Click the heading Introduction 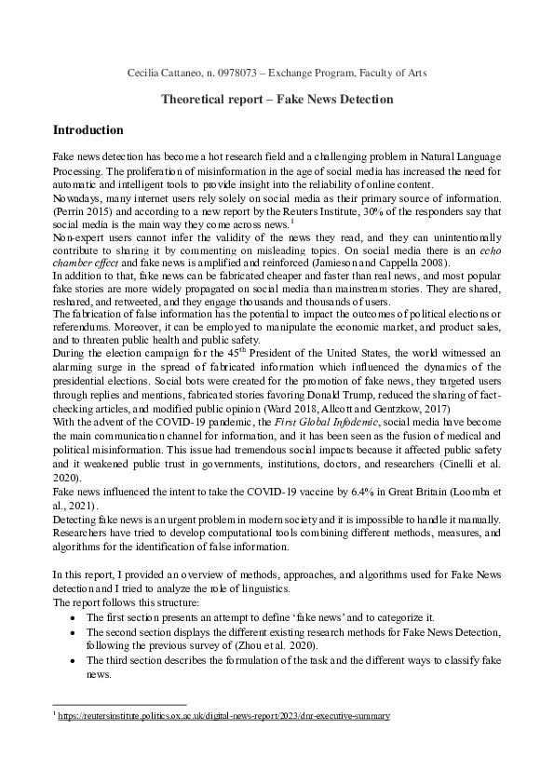coord(88,129)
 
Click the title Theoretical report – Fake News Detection coord(277,99)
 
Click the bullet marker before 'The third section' coord(74,657)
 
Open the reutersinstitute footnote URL coord(223,716)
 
